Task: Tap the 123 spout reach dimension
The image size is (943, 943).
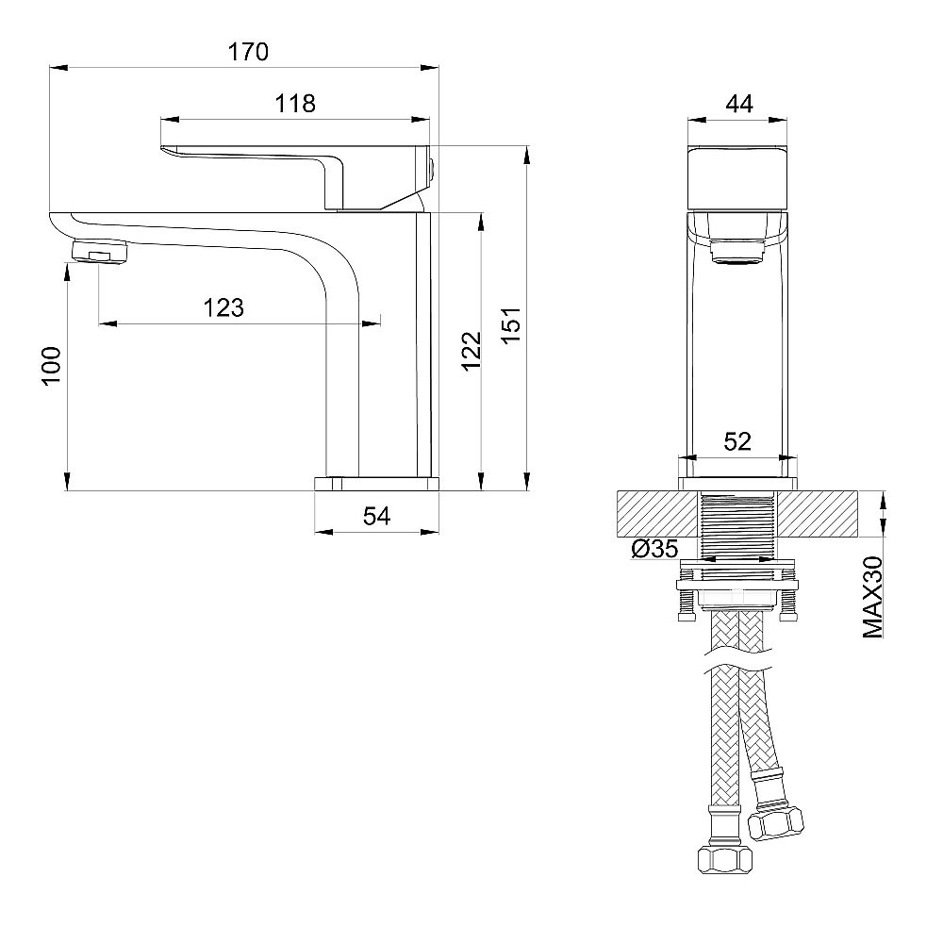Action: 223,307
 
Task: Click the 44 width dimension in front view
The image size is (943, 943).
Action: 738,105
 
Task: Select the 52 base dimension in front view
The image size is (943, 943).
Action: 736,440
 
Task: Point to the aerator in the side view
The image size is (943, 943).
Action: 99,252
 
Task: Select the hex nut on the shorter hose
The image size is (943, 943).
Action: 776,821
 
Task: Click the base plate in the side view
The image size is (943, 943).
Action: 376,484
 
